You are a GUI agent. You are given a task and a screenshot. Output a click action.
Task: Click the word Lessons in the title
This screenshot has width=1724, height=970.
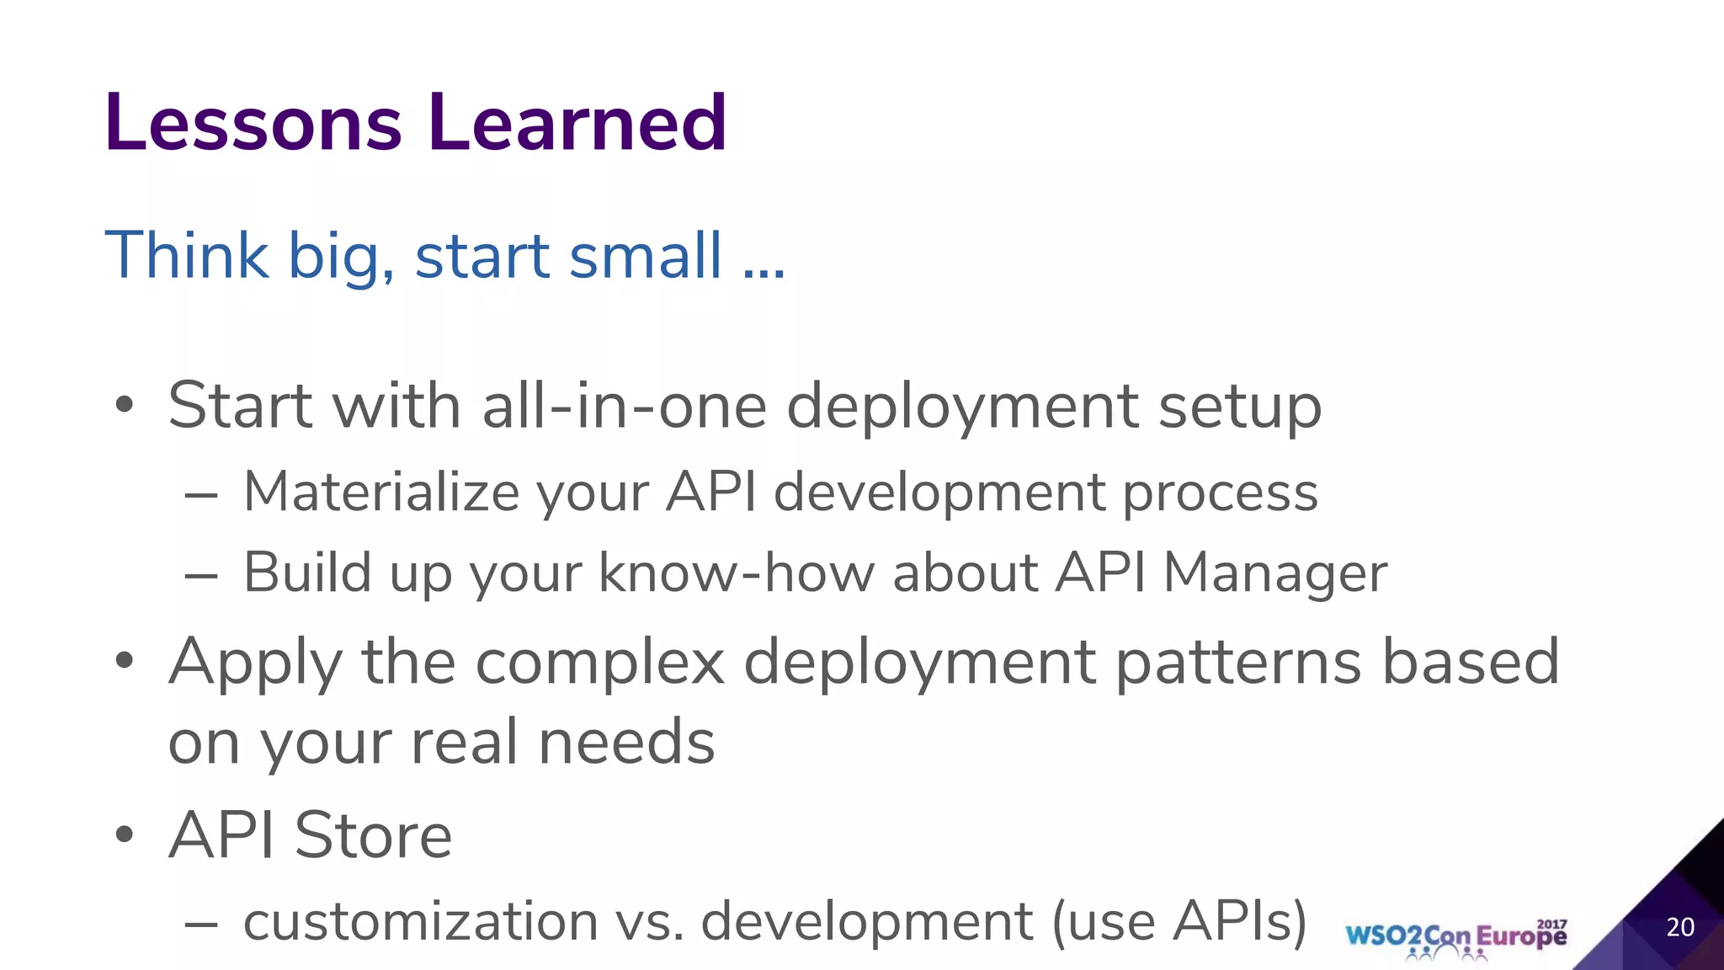[x=253, y=123]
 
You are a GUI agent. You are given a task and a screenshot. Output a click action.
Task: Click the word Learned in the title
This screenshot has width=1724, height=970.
[x=577, y=123]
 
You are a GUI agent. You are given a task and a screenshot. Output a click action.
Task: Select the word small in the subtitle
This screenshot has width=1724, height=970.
[x=646, y=255]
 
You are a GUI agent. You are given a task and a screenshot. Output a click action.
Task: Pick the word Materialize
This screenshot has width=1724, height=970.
[x=381, y=492]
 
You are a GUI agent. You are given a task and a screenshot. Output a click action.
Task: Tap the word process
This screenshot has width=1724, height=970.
[x=1221, y=493]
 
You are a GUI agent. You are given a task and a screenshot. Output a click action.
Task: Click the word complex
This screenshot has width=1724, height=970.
[x=599, y=663]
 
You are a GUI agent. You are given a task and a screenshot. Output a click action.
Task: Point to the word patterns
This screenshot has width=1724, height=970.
[x=1238, y=663]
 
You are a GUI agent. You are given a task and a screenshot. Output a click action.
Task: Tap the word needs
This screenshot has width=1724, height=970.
[x=626, y=743]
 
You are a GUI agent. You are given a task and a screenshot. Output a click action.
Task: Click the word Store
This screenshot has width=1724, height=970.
[x=373, y=835]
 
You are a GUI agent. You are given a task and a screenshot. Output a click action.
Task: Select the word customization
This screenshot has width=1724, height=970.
[x=421, y=921]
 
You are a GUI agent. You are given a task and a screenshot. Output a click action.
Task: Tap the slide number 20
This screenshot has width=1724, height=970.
[x=1680, y=927]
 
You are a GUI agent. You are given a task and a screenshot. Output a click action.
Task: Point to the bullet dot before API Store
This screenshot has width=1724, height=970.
[x=125, y=835]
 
